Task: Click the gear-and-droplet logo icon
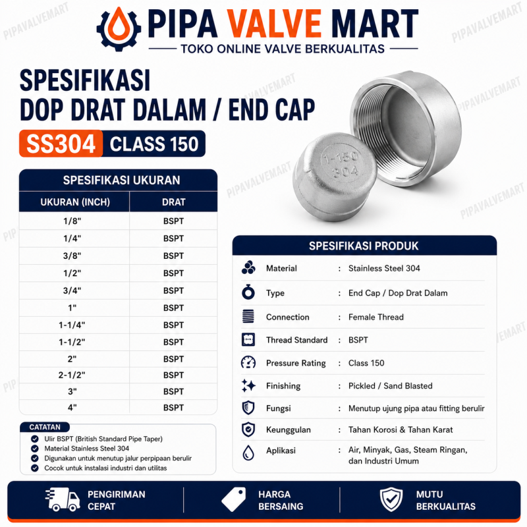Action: pos(119,29)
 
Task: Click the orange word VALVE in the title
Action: pos(274,24)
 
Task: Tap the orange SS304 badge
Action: pos(61,144)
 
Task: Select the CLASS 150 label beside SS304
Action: pos(154,144)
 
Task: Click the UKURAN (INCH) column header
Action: pos(75,202)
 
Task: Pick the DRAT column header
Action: pos(173,202)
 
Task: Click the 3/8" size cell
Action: pos(72,256)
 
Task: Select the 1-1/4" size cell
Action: pos(72,325)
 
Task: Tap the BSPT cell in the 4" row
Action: pos(173,408)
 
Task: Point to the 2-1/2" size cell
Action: pos(72,375)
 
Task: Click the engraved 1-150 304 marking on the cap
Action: pos(341,164)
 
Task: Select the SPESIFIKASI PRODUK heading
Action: pos(364,246)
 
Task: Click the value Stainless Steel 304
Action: pos(384,268)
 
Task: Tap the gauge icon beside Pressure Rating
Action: pos(248,363)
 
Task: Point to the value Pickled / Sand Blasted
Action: pos(390,386)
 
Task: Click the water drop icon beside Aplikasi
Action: pos(248,453)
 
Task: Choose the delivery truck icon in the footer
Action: pos(63,500)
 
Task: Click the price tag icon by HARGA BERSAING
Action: pos(234,500)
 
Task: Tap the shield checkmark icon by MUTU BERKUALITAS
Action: pos(391,500)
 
